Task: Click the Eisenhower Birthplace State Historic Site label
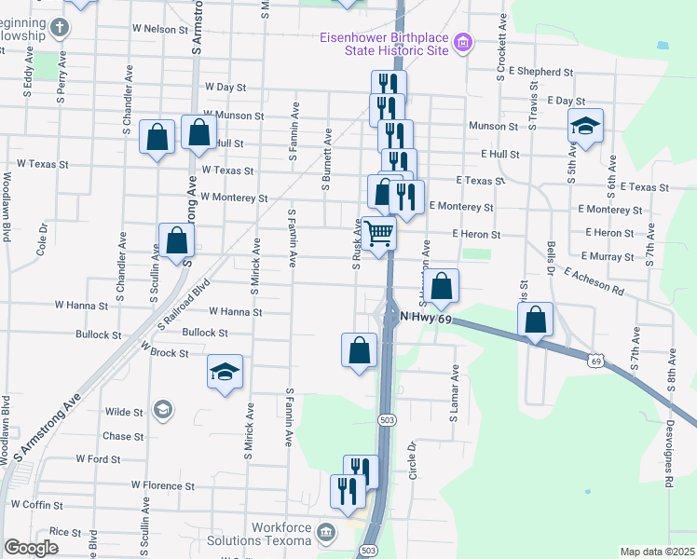point(385,43)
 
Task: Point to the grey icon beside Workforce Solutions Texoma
point(326,533)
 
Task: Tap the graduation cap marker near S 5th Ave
point(585,127)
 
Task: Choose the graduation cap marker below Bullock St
point(224,373)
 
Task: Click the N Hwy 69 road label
point(425,319)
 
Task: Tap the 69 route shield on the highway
point(594,359)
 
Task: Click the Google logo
point(31,548)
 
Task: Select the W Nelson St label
point(160,29)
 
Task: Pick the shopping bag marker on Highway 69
point(535,320)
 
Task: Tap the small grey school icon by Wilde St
point(163,409)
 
